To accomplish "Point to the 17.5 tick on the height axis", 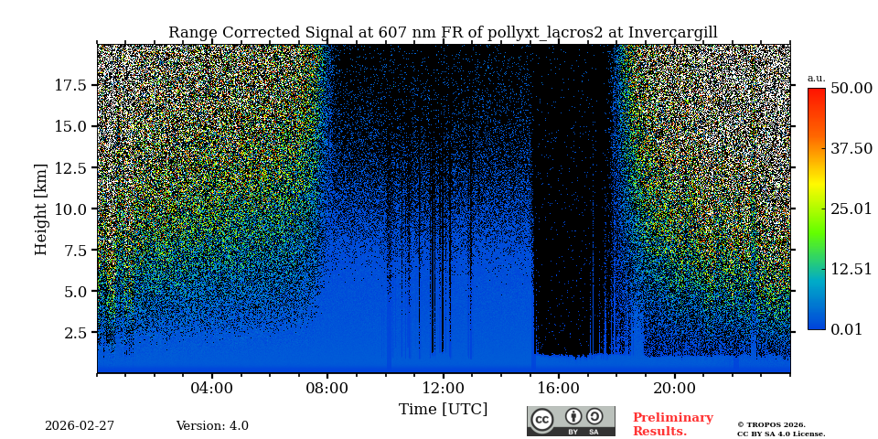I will click(70, 85).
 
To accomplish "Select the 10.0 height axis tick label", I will click(70, 209).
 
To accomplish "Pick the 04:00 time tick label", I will click(211, 388).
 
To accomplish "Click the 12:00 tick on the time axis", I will click(443, 388).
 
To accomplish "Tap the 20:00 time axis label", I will click(674, 388).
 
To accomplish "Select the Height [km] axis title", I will click(41, 209).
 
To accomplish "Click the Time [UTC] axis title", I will click(443, 409).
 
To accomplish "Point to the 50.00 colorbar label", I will click(851, 88).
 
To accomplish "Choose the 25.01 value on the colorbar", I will click(851, 209).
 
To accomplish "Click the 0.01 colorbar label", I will click(846, 329).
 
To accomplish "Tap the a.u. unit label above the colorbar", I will click(816, 78).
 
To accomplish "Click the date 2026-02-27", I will click(80, 426).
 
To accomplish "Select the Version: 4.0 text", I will click(212, 426).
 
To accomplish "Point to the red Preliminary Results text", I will click(672, 424).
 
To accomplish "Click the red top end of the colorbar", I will click(816, 92).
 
